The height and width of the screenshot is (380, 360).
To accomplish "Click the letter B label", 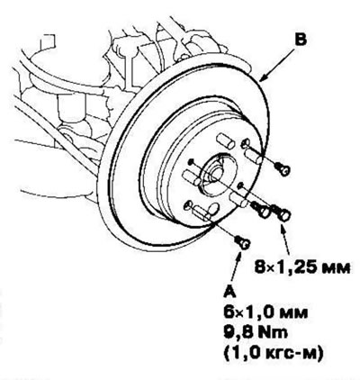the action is point(301,41).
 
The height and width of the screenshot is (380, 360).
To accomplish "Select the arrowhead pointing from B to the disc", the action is point(263,77).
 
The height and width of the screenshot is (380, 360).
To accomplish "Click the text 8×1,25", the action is point(282,267).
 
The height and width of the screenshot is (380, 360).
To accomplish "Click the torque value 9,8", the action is point(238,333).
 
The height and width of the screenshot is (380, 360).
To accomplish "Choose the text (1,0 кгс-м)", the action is point(273,354).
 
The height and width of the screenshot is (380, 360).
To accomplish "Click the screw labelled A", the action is point(242,242).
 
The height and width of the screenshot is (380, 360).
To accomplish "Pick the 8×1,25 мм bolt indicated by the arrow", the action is point(282,213).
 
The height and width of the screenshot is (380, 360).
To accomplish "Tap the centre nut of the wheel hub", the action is point(215,174).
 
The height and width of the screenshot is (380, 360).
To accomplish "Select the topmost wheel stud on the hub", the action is point(225,140).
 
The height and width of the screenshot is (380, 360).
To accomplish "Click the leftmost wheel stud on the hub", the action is point(192,176).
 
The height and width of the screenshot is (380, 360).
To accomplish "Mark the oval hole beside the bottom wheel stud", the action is point(213,209).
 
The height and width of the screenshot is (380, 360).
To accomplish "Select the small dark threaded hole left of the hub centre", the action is point(191,162).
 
